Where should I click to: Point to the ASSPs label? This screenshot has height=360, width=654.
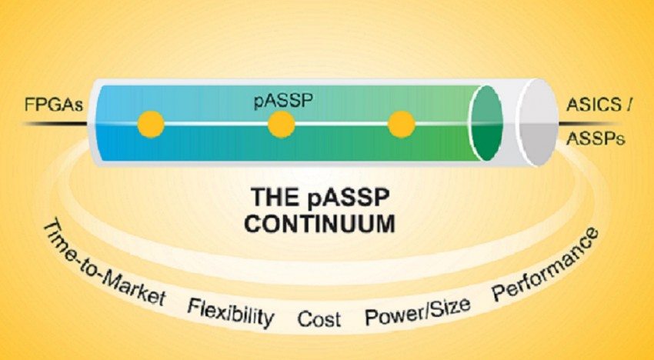(x=593, y=139)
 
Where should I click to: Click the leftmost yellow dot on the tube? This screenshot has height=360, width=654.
(x=151, y=123)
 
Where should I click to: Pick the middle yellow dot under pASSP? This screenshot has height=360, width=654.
(x=282, y=123)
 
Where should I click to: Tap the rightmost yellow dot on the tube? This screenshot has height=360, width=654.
(x=402, y=123)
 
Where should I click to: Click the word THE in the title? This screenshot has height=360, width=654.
(x=272, y=197)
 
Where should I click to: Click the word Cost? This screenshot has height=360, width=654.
(x=319, y=318)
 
